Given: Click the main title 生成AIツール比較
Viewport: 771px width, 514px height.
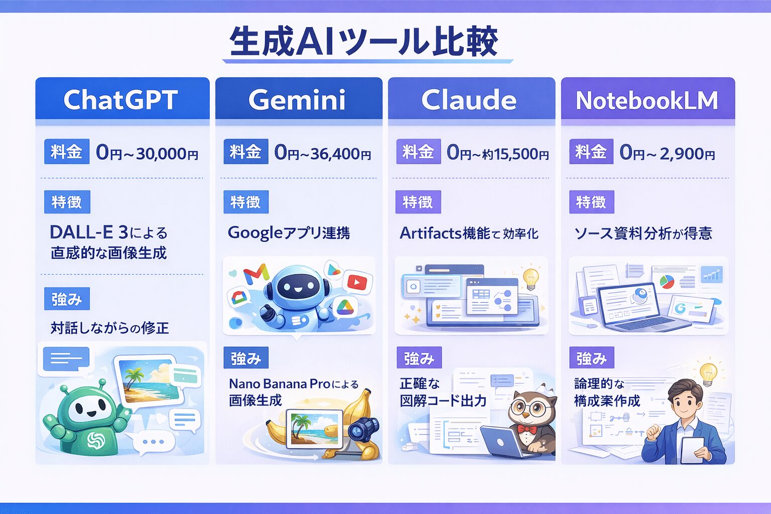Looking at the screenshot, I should pyautogui.click(x=363, y=42).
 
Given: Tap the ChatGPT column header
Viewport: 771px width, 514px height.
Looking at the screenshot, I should pyautogui.click(x=121, y=99).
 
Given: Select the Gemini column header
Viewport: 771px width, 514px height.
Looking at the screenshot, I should pyautogui.click(x=297, y=99).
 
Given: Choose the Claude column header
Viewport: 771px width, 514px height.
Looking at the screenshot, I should pyautogui.click(x=469, y=99).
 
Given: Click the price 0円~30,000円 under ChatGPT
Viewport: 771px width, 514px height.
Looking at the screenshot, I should pyautogui.click(x=147, y=153).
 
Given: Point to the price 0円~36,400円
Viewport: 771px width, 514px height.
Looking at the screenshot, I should pyautogui.click(x=323, y=153).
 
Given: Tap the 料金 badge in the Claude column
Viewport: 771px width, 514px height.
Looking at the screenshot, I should pyautogui.click(x=418, y=152).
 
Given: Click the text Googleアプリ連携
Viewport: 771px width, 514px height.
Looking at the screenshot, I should pyautogui.click(x=289, y=232).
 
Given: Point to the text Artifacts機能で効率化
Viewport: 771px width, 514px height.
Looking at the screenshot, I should pyautogui.click(x=469, y=233).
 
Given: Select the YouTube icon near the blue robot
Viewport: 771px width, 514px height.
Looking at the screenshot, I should pyautogui.click(x=357, y=282).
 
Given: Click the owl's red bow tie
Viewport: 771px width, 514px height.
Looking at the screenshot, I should pyautogui.click(x=527, y=430).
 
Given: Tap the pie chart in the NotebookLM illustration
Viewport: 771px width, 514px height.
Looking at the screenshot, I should pyautogui.click(x=666, y=282).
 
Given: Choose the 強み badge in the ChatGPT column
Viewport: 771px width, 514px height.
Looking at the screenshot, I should pyautogui.click(x=67, y=299).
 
